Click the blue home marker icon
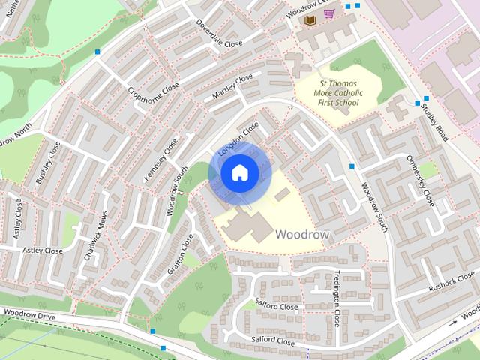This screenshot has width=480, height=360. pos(239,173)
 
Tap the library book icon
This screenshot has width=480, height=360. pos(309,17)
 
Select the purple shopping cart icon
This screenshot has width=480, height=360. pos(328,13)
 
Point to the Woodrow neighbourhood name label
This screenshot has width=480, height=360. pos(302,235)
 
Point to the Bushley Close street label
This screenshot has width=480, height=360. pos(48,163)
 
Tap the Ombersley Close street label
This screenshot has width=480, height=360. pos(420,181)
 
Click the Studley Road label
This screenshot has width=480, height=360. pos(434,121)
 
